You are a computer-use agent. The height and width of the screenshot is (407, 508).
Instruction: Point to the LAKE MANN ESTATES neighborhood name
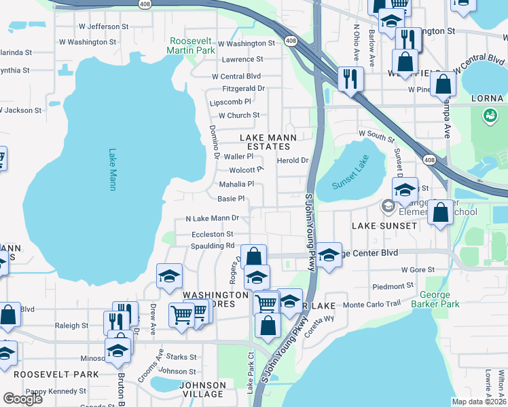(269, 142)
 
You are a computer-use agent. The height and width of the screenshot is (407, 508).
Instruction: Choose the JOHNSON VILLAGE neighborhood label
(202, 389)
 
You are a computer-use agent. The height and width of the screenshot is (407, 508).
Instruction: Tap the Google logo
(22, 399)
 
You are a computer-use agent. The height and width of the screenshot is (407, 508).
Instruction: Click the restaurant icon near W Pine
(350, 78)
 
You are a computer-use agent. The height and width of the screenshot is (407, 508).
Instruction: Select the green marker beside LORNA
(488, 116)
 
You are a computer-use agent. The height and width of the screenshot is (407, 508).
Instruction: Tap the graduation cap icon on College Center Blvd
(329, 256)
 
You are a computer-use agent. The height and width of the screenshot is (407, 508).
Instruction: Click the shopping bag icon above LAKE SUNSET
(441, 211)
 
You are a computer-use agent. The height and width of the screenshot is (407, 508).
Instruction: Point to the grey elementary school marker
(388, 205)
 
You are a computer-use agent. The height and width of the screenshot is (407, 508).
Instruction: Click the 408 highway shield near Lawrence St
(291, 41)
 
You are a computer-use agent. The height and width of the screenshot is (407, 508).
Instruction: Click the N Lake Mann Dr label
(212, 218)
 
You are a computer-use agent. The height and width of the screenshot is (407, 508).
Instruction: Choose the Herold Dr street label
(293, 161)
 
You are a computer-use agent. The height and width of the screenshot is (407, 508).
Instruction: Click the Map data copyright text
(478, 402)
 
